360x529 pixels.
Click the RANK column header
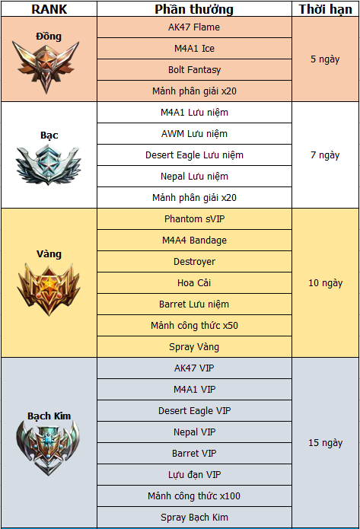coord(49,9)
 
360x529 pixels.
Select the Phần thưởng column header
coord(194,9)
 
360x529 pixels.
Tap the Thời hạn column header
coord(325,9)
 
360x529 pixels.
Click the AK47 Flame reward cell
coord(194,27)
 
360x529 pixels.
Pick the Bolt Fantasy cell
coord(194,70)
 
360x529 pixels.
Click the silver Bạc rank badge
coord(49,164)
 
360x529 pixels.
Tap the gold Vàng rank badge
coord(49,289)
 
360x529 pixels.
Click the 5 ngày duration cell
coord(325,59)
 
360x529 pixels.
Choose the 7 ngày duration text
coord(325,155)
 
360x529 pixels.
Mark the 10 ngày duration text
coord(325,283)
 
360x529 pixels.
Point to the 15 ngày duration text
coord(325,443)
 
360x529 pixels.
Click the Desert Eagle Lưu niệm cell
coord(194,155)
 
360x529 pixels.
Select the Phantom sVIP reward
coord(194,219)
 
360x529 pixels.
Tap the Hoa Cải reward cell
coord(194,282)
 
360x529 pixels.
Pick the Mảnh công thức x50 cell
coord(194,326)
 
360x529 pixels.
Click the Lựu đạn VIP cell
coord(194,475)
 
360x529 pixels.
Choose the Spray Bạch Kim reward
coord(194,517)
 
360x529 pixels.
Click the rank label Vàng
coord(49,254)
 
